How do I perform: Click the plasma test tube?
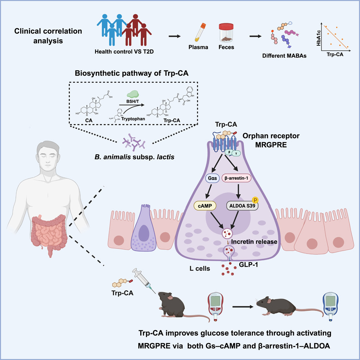pos(200,32)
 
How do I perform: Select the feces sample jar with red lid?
pos(226,33)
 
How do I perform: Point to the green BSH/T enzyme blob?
pos(133,94)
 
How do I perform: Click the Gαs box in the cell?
pos(213,178)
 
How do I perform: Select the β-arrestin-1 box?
pos(236,178)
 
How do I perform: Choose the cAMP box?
pos(205,206)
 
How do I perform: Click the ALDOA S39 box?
pos(242,206)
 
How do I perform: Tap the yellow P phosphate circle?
pos(255,200)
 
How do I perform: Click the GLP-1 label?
pos(248,265)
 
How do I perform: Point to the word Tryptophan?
pos(133,119)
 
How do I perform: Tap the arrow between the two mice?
pos(243,307)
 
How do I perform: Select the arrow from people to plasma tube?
pos(175,36)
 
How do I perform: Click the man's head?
pos(48,155)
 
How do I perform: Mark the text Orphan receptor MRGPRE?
pos(271,140)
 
